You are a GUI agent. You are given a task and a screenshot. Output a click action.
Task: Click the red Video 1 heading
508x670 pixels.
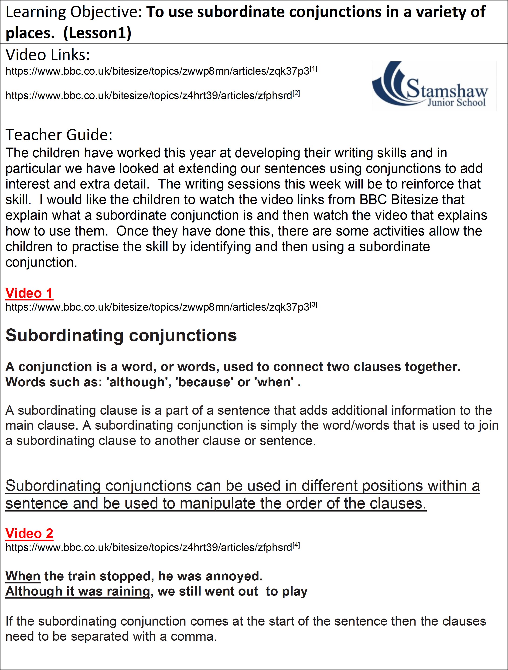click(x=29, y=293)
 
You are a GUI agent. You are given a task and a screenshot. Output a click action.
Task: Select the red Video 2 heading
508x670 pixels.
click(x=29, y=533)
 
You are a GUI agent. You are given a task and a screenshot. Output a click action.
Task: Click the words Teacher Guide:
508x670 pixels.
click(x=59, y=135)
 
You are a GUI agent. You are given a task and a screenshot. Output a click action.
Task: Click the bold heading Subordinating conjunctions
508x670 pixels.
click(x=121, y=336)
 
